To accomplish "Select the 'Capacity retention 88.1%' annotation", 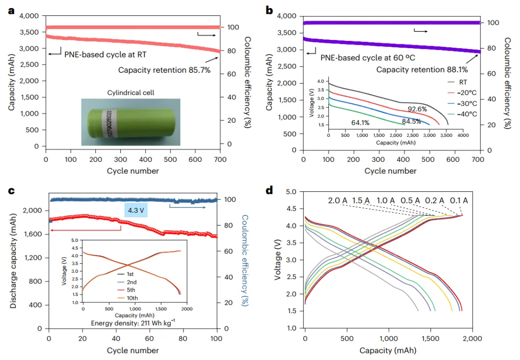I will coord(422,69).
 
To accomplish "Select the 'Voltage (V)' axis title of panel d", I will coord(277,259).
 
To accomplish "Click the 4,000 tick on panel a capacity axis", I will coord(29,16).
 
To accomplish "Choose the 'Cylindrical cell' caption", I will coord(130,92).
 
